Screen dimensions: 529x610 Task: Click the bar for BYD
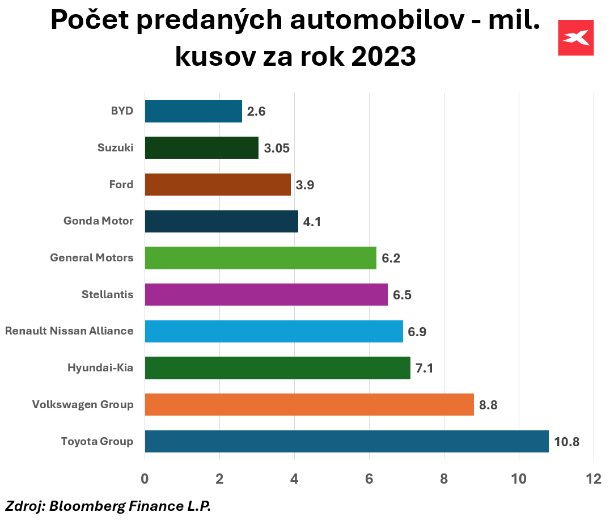[x=193, y=111]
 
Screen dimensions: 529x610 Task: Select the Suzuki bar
[x=201, y=147]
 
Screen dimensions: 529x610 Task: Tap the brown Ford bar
[x=218, y=184]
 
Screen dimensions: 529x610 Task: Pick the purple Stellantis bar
[x=266, y=294]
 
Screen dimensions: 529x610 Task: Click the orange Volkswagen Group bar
[x=309, y=404]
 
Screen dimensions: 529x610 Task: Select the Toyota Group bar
[x=346, y=441]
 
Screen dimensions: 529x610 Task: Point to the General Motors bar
[x=260, y=258]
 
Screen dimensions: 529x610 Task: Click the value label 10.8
[x=567, y=442]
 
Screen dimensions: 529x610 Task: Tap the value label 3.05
[x=277, y=148]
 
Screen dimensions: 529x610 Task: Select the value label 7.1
[x=424, y=369]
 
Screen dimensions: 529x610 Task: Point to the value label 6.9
[x=417, y=332]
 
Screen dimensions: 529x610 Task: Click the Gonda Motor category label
[x=99, y=221]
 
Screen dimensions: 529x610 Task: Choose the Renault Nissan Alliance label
[x=69, y=331]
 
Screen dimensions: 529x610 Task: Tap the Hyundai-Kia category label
[x=100, y=368]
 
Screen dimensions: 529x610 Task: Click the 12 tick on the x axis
[x=593, y=479]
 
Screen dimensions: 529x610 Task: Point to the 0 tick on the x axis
[x=145, y=479]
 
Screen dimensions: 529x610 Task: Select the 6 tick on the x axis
[x=369, y=479]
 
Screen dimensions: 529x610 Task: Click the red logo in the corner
[x=575, y=37]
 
